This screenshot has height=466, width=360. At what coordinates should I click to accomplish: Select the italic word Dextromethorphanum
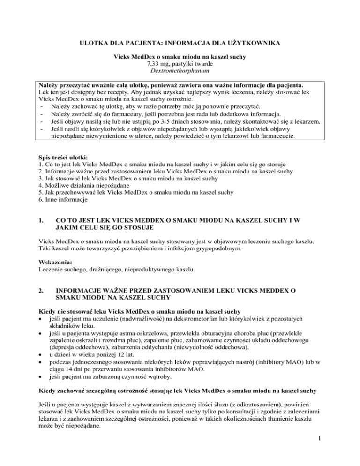(x=180, y=73)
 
